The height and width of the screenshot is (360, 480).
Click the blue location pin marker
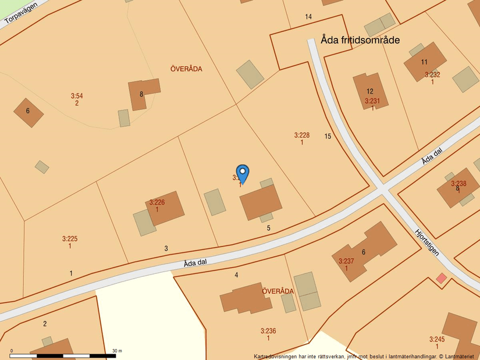[243, 173]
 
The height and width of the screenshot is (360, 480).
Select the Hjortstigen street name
[428, 242]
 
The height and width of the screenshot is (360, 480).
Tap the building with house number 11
[425, 62]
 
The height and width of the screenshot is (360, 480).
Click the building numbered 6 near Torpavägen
[28, 112]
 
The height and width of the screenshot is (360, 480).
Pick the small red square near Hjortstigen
[442, 278]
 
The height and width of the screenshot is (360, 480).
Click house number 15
[328, 136]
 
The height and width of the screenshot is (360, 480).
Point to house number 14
[308, 17]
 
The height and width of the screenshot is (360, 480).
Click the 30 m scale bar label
[116, 351]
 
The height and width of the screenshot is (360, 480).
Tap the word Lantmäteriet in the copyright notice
[460, 356]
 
